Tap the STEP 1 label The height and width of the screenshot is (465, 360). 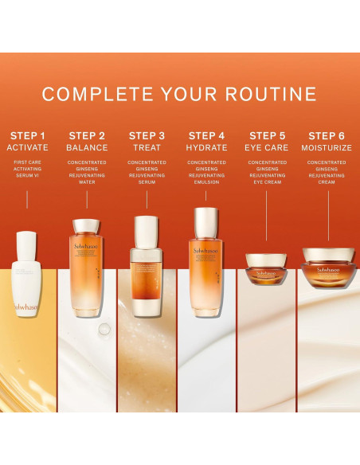pyautogui.click(x=27, y=135)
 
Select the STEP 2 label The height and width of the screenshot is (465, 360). pyautogui.click(x=87, y=135)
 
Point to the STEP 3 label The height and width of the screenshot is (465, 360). pyautogui.click(x=147, y=135)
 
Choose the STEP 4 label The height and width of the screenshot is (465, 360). pyautogui.click(x=206, y=135)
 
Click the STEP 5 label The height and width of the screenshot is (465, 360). pyautogui.click(x=267, y=135)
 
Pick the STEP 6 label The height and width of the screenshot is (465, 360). pyautogui.click(x=327, y=135)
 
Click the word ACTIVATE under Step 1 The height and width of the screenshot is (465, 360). pyautogui.click(x=27, y=148)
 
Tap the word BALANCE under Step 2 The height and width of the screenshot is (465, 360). pyautogui.click(x=87, y=148)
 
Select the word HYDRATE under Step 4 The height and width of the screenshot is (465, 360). pyautogui.click(x=206, y=148)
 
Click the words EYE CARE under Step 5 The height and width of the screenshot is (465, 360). pyautogui.click(x=267, y=148)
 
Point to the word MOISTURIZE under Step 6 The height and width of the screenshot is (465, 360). pyautogui.click(x=327, y=148)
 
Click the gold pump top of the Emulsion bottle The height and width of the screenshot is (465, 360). pyautogui.click(x=206, y=220)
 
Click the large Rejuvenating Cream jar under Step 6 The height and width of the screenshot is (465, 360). pyautogui.click(x=327, y=268)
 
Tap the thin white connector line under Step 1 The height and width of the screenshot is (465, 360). pyautogui.click(x=27, y=200)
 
